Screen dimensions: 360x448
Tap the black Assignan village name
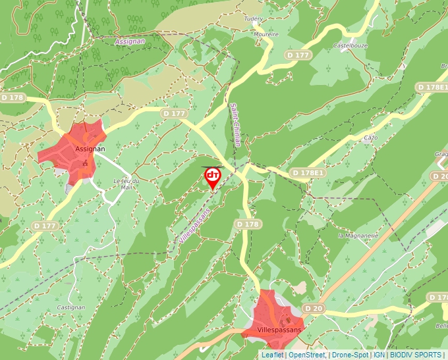pos(90,149)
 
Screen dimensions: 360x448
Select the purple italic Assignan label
pos(129,41)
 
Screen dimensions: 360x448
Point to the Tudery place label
pos(253,19)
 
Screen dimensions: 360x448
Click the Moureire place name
pos(266,34)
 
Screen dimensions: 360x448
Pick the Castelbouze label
pos(349,45)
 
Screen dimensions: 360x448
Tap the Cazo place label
pos(370,138)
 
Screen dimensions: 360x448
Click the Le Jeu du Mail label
pos(126,184)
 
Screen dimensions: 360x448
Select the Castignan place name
pos(70,307)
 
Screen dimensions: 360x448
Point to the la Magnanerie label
pos(356,236)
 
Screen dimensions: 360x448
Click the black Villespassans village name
pos(279,328)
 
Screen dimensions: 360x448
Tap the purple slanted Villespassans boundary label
pos(194,227)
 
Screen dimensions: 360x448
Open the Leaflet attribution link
pos(272,355)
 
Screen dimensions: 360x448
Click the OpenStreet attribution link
pos(306,355)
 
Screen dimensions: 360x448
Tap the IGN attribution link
pos(379,355)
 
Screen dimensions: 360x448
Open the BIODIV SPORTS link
pos(416,355)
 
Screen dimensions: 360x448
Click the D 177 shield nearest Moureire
pos(298,55)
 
